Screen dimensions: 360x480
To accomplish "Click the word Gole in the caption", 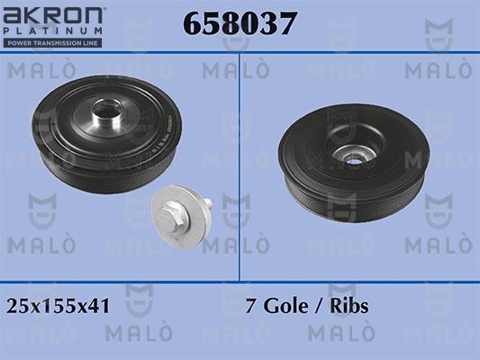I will (281, 306).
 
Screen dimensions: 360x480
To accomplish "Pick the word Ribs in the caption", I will (348, 306).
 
